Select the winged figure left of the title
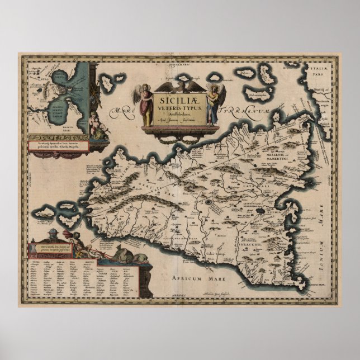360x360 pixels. (146, 104)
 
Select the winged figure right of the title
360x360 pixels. (212, 103)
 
